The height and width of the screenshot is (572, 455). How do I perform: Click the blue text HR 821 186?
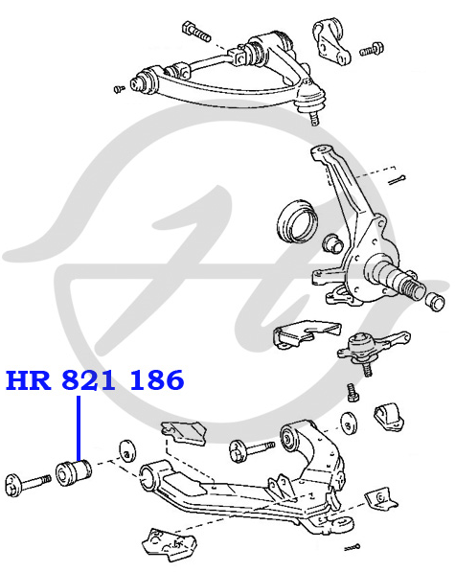[x=95, y=379]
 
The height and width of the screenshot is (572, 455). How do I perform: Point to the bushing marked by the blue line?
[x=74, y=472]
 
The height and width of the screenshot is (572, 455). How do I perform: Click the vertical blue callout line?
[x=79, y=428]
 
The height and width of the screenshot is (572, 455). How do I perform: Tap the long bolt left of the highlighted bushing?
[x=28, y=485]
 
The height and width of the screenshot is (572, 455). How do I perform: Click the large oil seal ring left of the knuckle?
[x=297, y=220]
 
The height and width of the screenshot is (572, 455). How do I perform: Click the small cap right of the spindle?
[x=435, y=301]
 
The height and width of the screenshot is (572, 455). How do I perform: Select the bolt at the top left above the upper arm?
[x=195, y=32]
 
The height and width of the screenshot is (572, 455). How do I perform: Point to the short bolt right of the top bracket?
[x=372, y=50]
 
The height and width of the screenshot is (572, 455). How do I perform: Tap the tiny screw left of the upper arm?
[x=119, y=89]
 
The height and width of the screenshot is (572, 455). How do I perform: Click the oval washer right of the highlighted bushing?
[x=126, y=451]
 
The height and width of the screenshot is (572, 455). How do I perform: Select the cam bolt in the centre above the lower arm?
[x=251, y=449]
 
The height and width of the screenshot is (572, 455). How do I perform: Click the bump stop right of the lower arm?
[x=389, y=416]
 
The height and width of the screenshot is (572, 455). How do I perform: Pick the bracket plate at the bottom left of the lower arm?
[x=169, y=543]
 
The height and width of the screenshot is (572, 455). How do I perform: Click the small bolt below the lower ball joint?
[x=353, y=393]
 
